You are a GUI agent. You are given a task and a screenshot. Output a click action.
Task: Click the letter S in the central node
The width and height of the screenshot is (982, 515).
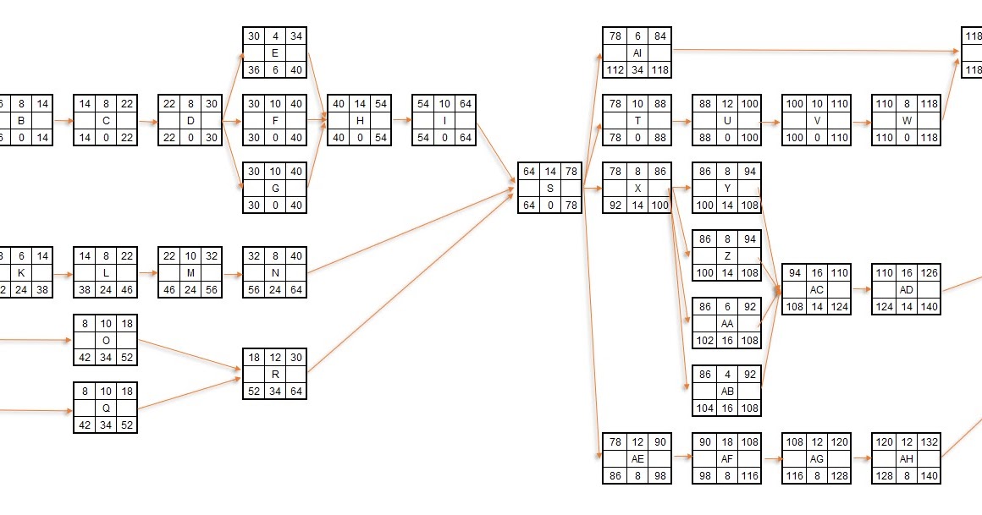click(x=550, y=188)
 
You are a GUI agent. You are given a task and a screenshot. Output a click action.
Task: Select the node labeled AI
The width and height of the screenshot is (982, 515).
click(x=637, y=52)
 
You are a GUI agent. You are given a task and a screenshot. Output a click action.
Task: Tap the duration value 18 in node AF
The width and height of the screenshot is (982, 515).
click(x=726, y=441)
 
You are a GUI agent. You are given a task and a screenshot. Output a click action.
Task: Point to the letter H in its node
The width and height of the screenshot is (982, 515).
click(x=360, y=120)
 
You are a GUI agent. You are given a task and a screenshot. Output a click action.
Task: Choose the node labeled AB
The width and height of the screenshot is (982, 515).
click(x=726, y=391)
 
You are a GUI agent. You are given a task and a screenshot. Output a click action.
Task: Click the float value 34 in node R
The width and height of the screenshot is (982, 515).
click(x=275, y=391)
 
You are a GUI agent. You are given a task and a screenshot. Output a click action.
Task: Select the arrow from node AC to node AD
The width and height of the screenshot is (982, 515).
click(x=861, y=289)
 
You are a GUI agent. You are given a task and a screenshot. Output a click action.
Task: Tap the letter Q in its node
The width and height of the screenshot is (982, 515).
click(x=106, y=408)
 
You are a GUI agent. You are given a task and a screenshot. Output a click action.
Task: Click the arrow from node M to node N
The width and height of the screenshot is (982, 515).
click(x=232, y=273)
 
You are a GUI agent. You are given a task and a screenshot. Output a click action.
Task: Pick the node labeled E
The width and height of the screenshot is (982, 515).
click(x=275, y=52)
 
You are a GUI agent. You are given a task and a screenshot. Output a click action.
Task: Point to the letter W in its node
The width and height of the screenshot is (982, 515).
click(x=907, y=120)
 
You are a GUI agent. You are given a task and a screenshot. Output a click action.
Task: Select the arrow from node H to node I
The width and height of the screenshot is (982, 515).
click(x=401, y=121)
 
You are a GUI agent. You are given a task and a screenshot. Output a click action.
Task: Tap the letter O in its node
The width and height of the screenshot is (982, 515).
click(x=106, y=340)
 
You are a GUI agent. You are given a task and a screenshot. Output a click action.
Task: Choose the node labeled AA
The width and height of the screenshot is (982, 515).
click(x=726, y=323)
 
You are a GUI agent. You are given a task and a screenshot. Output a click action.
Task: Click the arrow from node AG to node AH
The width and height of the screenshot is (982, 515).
click(x=861, y=458)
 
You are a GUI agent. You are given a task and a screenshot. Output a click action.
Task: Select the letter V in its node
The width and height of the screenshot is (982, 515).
click(x=816, y=120)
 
